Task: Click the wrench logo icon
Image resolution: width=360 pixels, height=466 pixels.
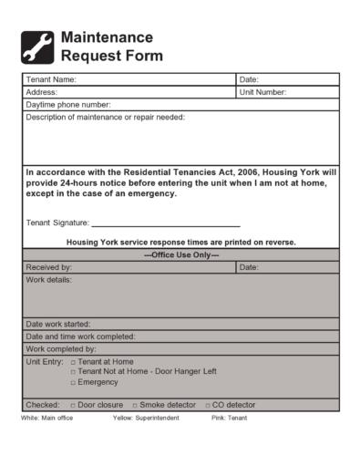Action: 37,47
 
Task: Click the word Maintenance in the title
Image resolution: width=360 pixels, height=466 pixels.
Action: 106,37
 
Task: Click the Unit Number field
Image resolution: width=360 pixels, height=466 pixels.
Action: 310,92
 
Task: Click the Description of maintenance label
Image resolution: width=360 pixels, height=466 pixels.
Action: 105,118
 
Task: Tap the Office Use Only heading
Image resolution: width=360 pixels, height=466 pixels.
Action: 181,254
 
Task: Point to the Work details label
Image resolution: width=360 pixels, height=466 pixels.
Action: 48,280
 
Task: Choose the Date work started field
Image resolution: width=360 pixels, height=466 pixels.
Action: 182,324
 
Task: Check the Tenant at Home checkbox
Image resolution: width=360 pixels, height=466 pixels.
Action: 73,362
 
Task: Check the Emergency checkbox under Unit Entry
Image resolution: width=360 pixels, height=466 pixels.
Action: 73,382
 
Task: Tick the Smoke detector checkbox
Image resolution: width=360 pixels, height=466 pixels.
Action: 136,405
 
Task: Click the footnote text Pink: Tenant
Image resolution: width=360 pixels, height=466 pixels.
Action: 229,418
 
